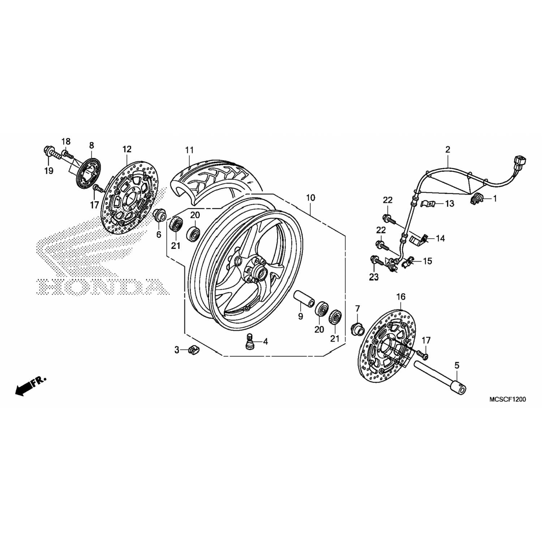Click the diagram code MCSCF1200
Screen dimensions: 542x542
(x=507, y=399)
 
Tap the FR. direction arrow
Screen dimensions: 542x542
(x=31, y=386)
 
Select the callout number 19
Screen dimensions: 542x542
(x=49, y=171)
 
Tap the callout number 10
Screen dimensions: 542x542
(x=310, y=198)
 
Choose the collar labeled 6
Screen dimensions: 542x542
(x=159, y=216)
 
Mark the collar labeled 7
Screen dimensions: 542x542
(x=356, y=329)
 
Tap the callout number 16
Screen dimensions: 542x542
(x=401, y=297)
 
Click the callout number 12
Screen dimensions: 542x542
(x=127, y=149)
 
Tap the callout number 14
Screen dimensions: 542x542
(x=440, y=238)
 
